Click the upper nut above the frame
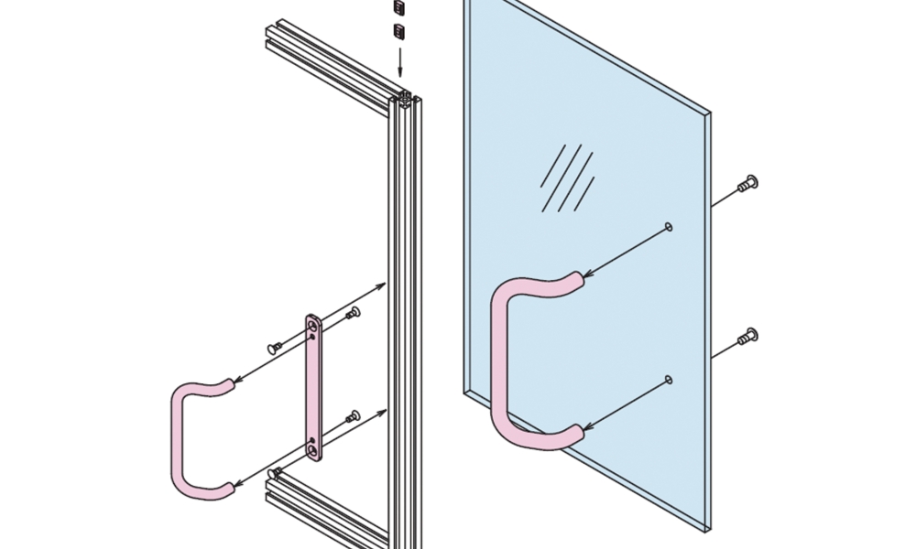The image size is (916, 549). (x=398, y=8)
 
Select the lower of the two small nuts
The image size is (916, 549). (x=398, y=33)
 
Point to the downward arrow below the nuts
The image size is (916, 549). (x=399, y=64)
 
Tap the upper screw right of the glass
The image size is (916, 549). (x=749, y=183)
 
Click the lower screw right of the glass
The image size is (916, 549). (x=749, y=337)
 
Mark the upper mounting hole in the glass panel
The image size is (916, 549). (x=669, y=226)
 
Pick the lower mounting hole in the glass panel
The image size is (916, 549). (x=669, y=379)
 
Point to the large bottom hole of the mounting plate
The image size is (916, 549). (x=314, y=450)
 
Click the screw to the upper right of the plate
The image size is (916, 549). (x=354, y=314)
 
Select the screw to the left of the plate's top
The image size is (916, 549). (x=274, y=348)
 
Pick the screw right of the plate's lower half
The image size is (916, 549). (x=354, y=417)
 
